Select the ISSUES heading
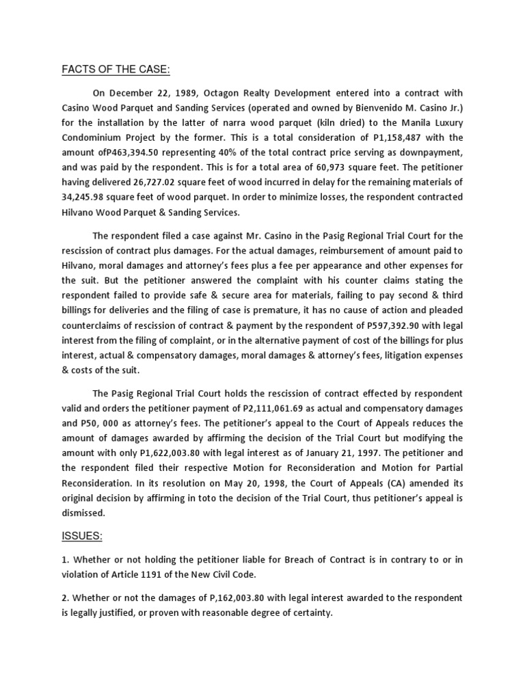click(x=83, y=537)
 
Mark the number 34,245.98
click(x=84, y=198)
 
